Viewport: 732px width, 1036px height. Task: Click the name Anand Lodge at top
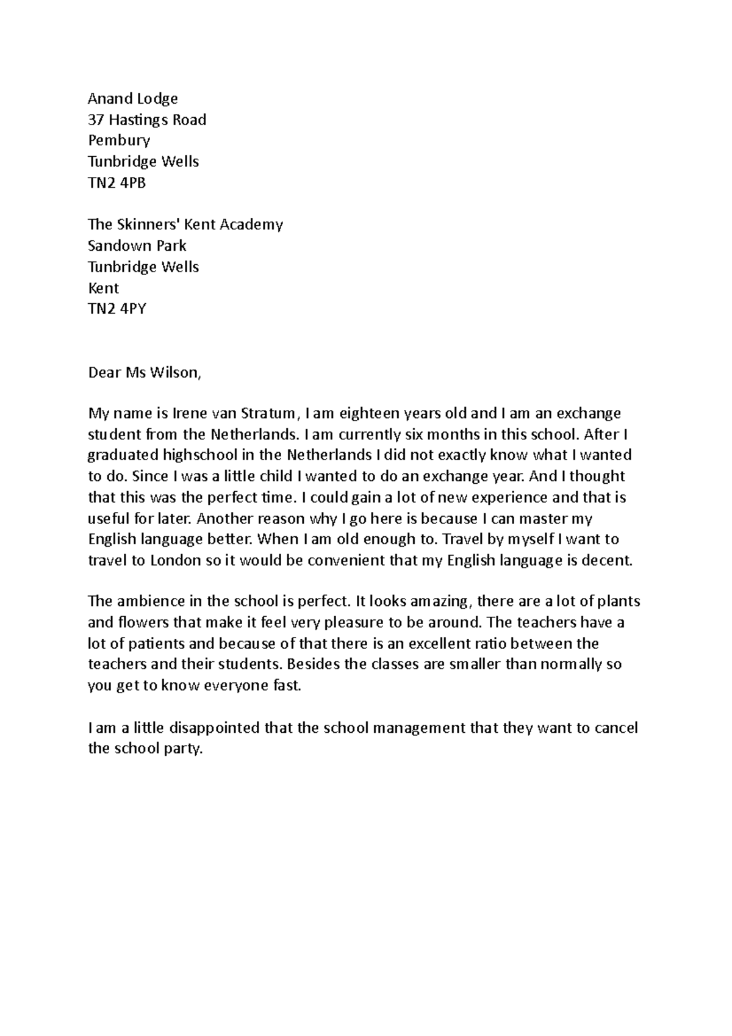pyautogui.click(x=132, y=99)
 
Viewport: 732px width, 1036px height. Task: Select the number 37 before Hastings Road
pyautogui.click(x=96, y=120)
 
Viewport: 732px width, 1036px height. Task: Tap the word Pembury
pyautogui.click(x=119, y=141)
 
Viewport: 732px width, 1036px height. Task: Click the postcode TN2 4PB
pyautogui.click(x=117, y=182)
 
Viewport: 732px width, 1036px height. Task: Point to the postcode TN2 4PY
pyautogui.click(x=117, y=309)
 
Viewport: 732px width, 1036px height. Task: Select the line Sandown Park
pyautogui.click(x=137, y=246)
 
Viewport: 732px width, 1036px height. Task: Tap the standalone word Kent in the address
pyautogui.click(x=104, y=288)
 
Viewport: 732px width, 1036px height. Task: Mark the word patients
pyautogui.click(x=156, y=644)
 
